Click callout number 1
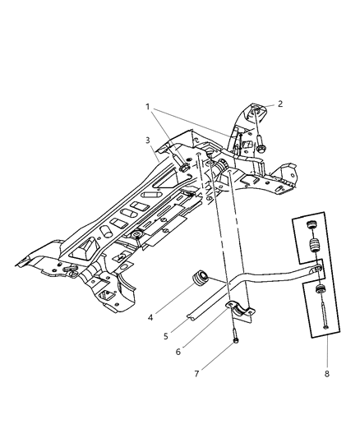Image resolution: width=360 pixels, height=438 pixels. click(x=147, y=107)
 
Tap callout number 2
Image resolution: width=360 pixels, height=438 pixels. click(x=280, y=104)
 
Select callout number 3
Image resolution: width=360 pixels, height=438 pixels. click(x=148, y=141)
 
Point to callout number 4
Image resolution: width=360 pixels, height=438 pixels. click(x=150, y=317)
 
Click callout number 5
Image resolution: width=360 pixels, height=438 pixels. click(x=166, y=336)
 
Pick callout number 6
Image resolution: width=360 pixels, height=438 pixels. click(x=178, y=352)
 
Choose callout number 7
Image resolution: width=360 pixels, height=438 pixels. click(x=196, y=374)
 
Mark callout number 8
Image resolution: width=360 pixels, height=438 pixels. click(x=327, y=374)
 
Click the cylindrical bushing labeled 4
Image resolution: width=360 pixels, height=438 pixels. click(x=200, y=278)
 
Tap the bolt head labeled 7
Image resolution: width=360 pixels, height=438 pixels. click(x=236, y=340)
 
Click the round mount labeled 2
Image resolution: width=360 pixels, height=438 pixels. click(x=256, y=112)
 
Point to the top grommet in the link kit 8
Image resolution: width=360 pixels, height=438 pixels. click(x=311, y=224)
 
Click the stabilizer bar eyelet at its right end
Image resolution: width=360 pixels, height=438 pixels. click(x=317, y=269)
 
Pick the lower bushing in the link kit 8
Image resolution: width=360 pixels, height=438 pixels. click(x=319, y=288)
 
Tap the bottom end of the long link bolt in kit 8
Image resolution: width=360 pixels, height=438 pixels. click(x=325, y=327)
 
